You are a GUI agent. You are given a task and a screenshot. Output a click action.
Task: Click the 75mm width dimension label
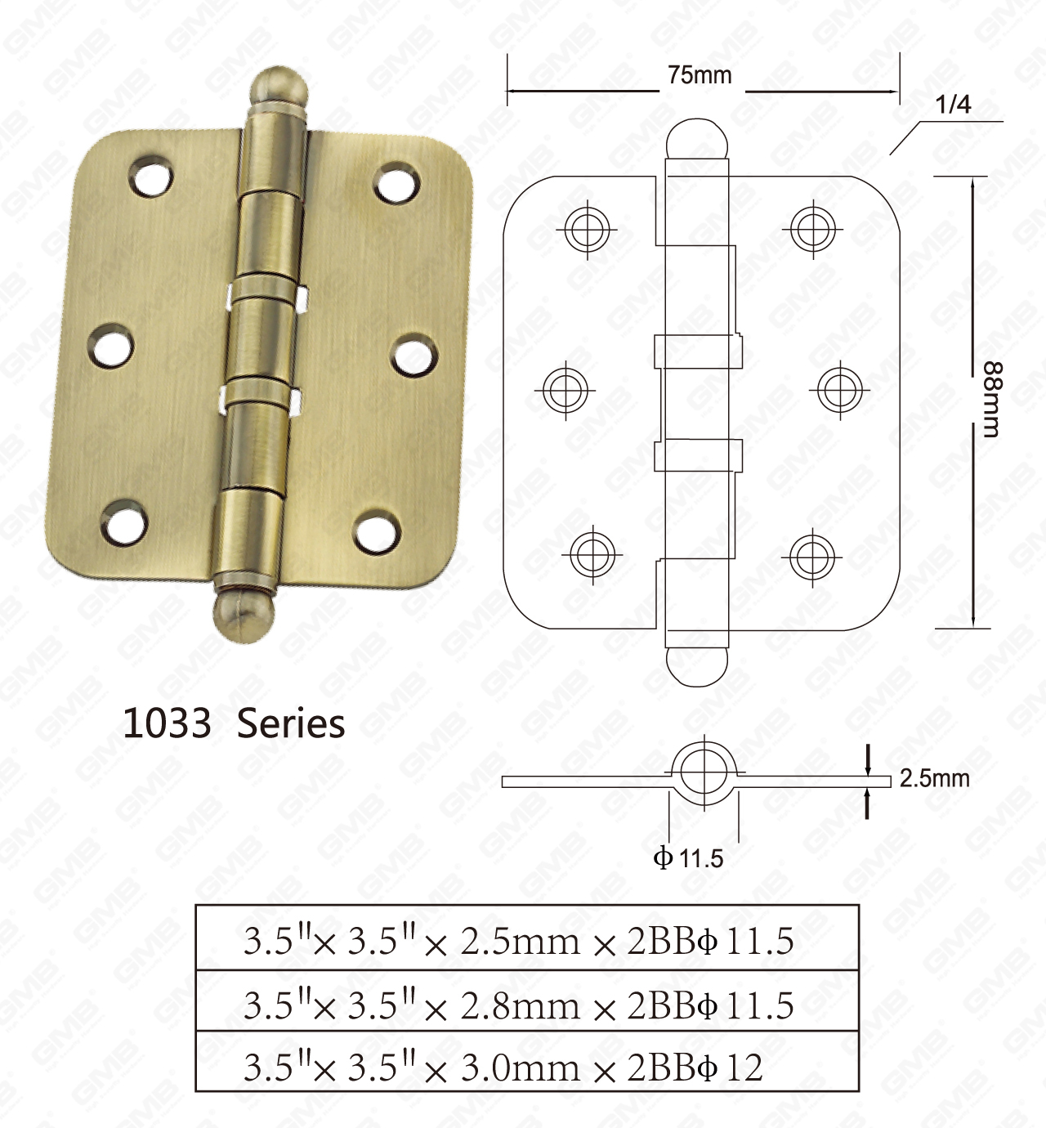(700, 75)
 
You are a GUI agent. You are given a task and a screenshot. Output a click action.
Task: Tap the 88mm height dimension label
(990, 400)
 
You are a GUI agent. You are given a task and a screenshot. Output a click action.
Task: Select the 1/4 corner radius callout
(953, 105)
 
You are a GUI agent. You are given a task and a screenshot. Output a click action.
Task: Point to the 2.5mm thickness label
(934, 778)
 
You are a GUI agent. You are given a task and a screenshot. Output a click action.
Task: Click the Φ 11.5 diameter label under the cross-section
(688, 858)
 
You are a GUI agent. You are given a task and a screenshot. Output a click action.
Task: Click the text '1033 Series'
(234, 724)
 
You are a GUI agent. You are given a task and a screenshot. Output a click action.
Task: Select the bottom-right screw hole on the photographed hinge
(378, 531)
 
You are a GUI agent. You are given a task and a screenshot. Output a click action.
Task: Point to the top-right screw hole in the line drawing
(812, 228)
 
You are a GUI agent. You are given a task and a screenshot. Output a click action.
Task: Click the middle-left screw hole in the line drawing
(565, 389)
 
